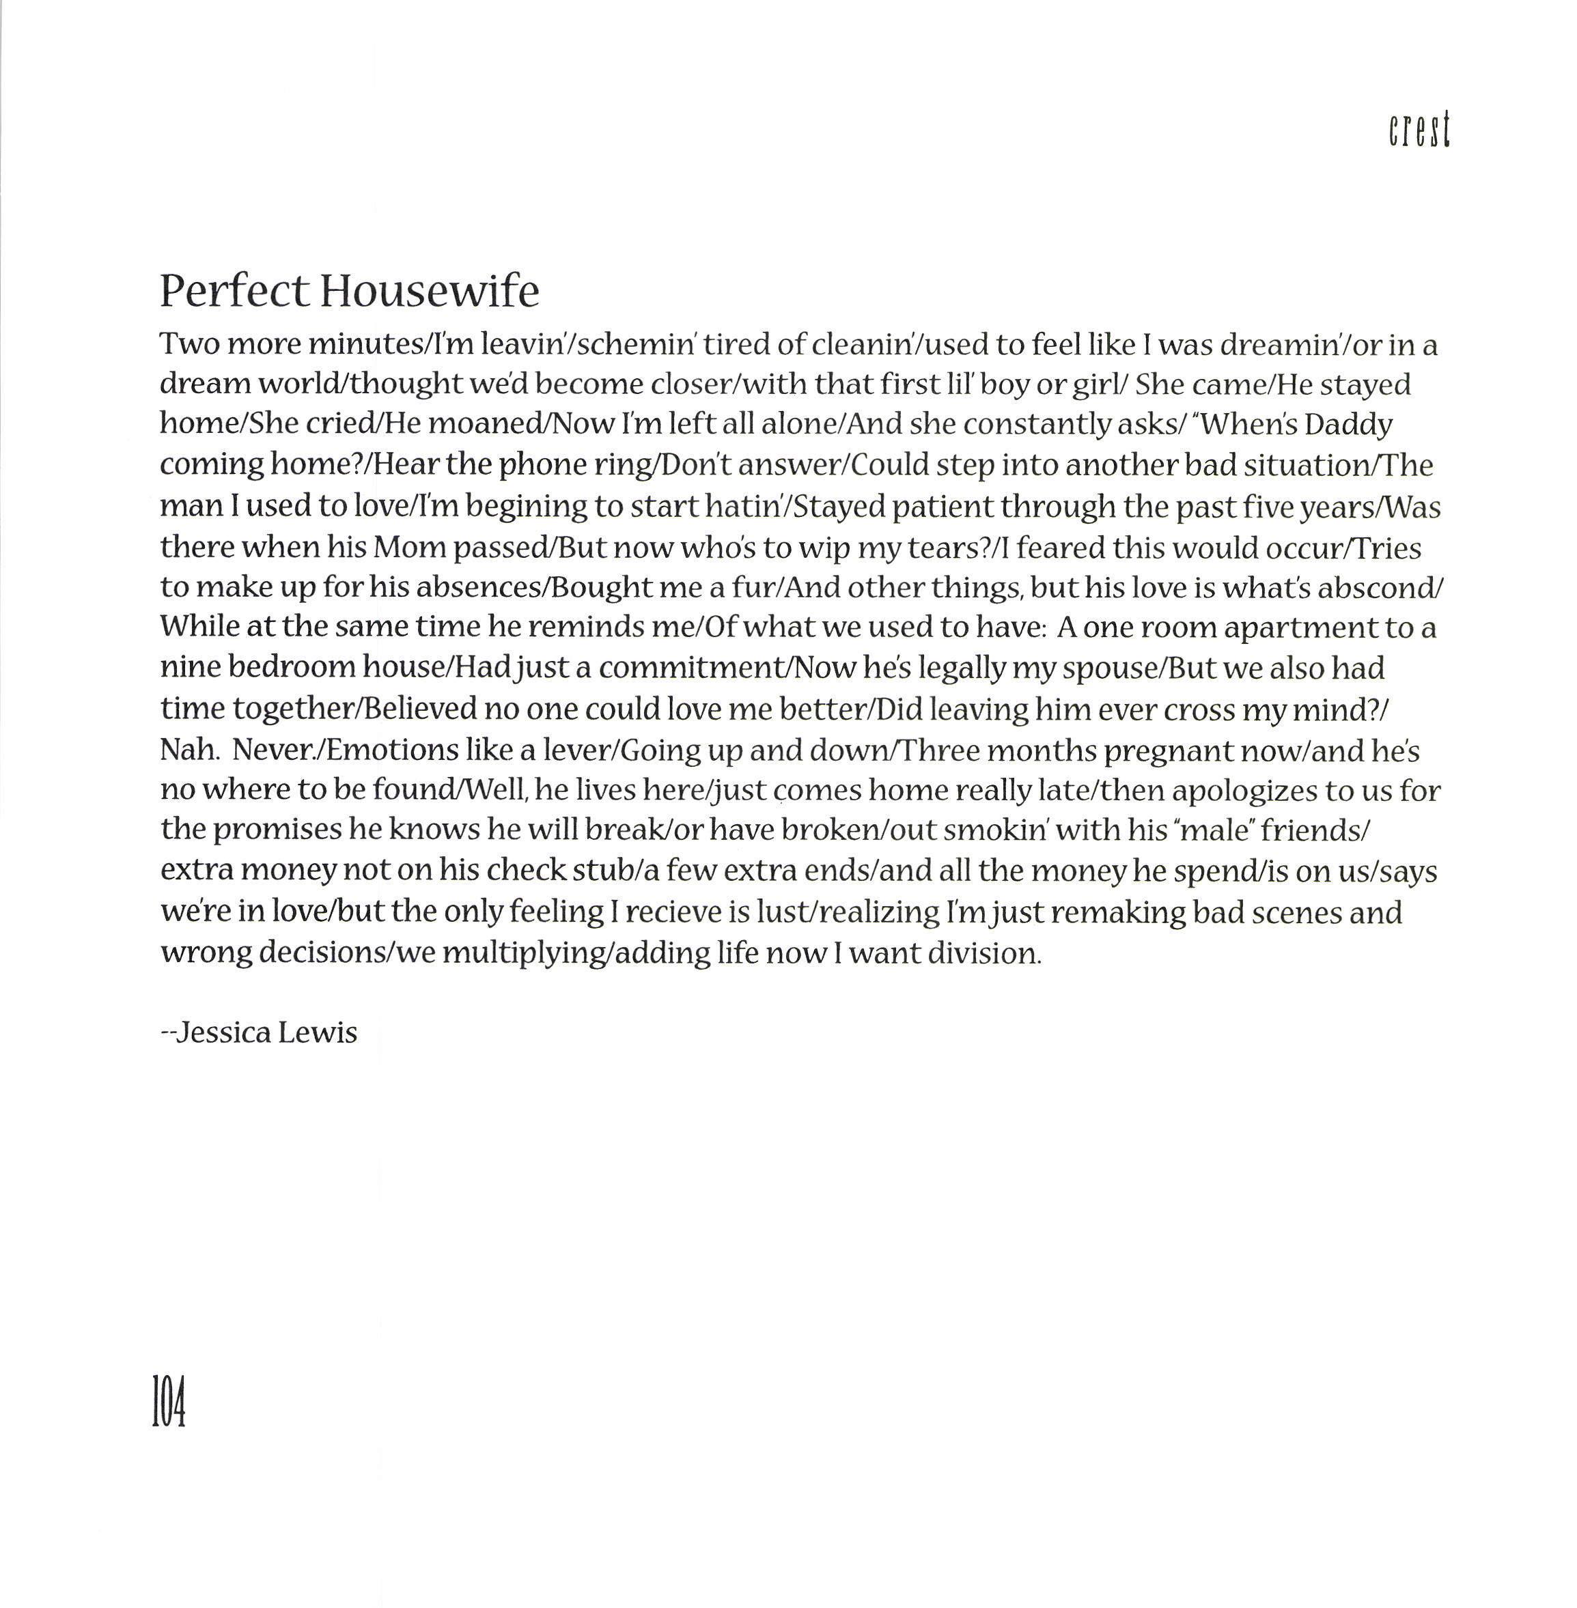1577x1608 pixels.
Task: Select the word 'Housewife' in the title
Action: tap(430, 292)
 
